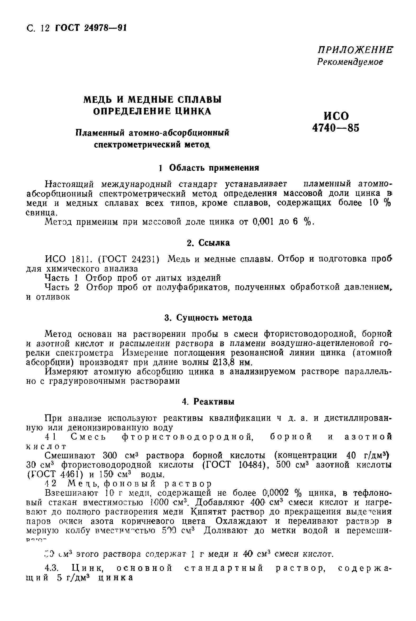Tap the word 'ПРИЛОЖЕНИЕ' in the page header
click(355, 50)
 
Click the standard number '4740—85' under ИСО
click(336, 128)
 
